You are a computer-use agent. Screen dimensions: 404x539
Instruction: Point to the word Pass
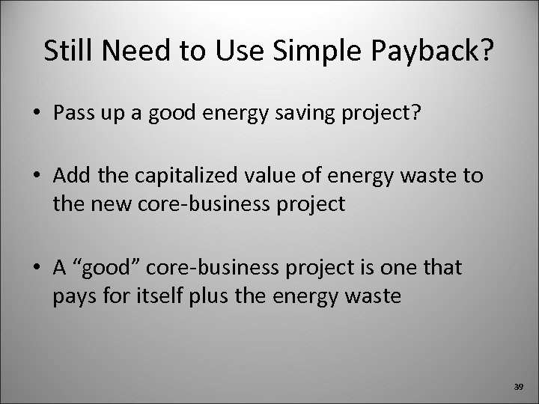tap(71, 114)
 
